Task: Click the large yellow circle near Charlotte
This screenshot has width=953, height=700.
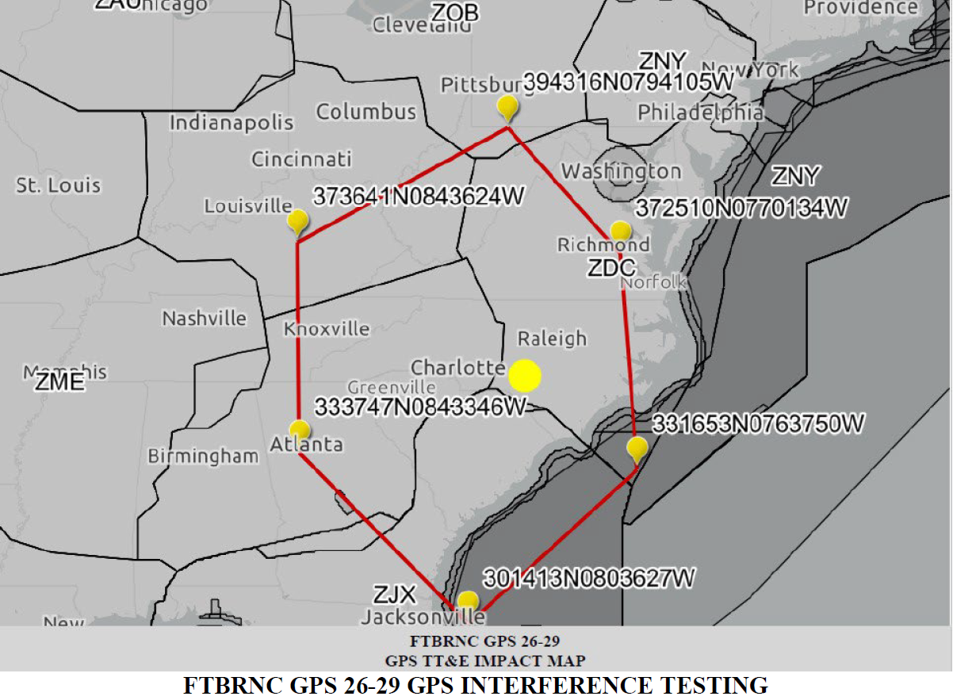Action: click(x=524, y=376)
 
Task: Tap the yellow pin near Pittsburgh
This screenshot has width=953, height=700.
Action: click(x=507, y=107)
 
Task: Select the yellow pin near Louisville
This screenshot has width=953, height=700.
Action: click(x=298, y=221)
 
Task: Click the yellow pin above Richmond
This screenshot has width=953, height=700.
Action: click(x=621, y=231)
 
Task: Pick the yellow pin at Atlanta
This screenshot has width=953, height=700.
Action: click(x=300, y=430)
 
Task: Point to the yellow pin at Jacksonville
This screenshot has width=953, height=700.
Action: click(x=469, y=601)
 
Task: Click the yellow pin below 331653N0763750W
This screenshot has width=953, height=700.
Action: click(x=637, y=449)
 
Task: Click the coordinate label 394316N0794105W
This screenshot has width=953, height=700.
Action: click(x=637, y=84)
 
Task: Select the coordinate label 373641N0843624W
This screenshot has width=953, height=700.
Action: click(x=419, y=197)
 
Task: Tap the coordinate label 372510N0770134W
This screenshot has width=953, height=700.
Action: click(x=741, y=208)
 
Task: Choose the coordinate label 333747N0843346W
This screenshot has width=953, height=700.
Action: click(x=421, y=407)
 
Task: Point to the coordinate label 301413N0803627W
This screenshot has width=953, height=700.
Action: click(x=588, y=578)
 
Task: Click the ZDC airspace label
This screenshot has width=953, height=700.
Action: click(x=610, y=268)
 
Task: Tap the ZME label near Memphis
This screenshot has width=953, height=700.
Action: click(x=59, y=382)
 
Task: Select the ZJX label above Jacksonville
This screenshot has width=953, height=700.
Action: click(x=396, y=594)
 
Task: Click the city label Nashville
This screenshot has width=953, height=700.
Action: click(x=205, y=319)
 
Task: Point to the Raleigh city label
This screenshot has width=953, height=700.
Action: click(x=553, y=339)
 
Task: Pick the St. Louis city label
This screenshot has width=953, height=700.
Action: click(x=59, y=186)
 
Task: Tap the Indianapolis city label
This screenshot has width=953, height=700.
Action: click(x=232, y=123)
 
